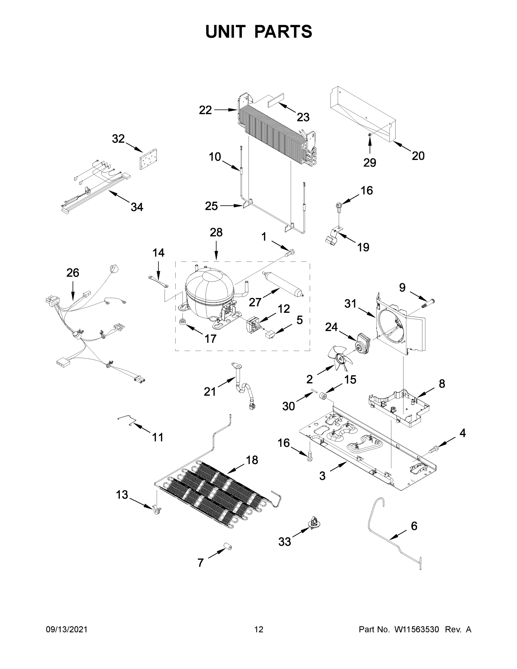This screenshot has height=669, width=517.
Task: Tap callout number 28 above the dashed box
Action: (216, 232)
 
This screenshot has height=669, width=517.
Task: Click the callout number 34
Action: (137, 207)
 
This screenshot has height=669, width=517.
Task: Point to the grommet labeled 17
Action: (183, 322)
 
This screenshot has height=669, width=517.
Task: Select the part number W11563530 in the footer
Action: (417, 629)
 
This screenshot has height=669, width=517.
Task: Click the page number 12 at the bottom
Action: (259, 629)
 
